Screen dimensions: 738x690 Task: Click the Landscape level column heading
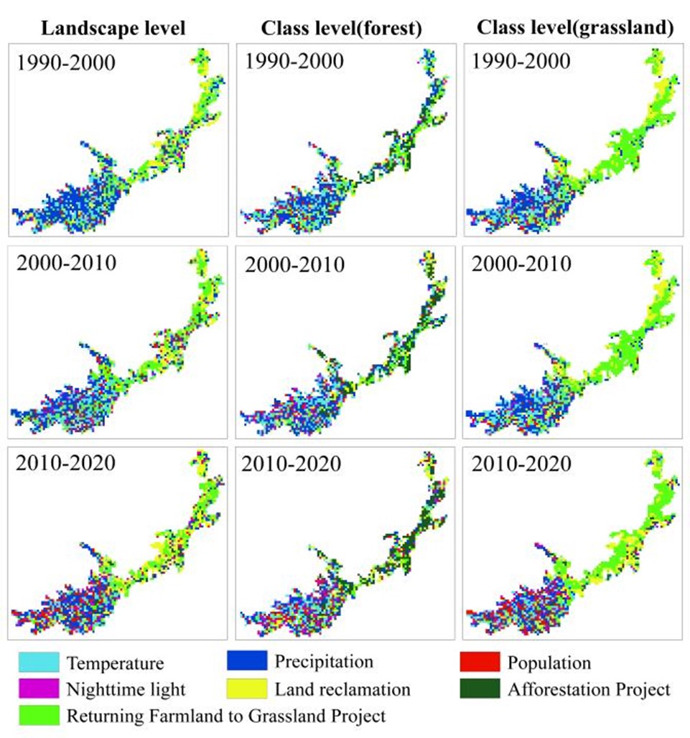[x=113, y=29]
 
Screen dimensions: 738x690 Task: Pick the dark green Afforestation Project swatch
[x=479, y=688]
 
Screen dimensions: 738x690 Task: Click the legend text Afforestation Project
[x=589, y=690]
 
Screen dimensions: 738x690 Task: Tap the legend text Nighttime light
[x=126, y=690]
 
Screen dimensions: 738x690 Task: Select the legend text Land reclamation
[x=342, y=690]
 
